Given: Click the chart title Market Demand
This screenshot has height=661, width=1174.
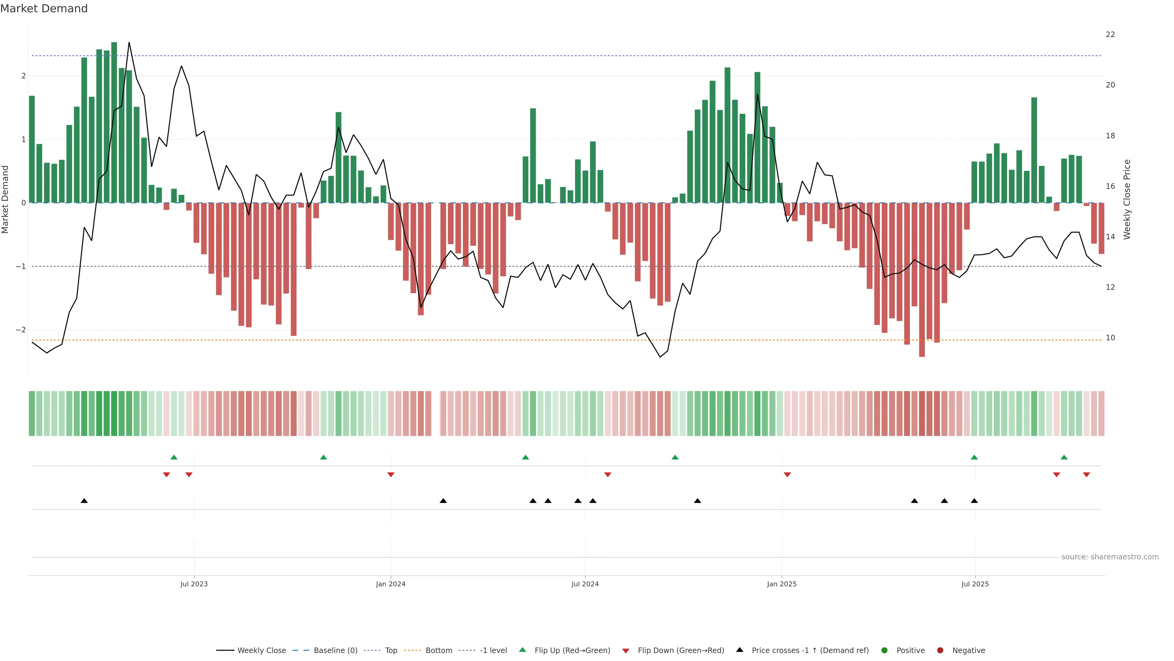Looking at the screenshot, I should (44, 9).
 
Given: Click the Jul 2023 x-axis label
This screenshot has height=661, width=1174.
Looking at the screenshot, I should (194, 584).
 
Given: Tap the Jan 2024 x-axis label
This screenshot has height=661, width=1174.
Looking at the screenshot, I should (391, 584).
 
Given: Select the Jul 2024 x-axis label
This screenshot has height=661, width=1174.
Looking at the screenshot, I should (585, 584).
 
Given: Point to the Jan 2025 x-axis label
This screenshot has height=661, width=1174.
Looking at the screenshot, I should (782, 584).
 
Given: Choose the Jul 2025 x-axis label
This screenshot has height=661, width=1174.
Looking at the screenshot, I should (975, 584).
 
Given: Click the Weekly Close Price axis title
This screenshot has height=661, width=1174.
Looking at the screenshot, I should (1127, 199).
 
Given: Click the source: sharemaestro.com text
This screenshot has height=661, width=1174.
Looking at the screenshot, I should (1110, 557).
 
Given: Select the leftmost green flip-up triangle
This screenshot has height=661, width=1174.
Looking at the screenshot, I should (174, 457).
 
